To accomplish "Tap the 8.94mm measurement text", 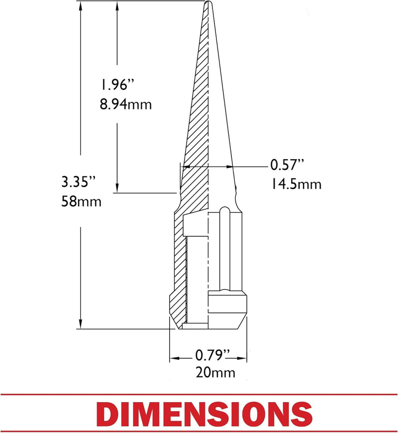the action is tap(126, 104).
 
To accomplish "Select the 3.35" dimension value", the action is tap(78, 182).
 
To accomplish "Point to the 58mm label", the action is tap(81, 201).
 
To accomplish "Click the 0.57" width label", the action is tap(287, 165).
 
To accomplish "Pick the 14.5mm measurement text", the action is tap(296, 184).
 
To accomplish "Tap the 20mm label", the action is tap(215, 372).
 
